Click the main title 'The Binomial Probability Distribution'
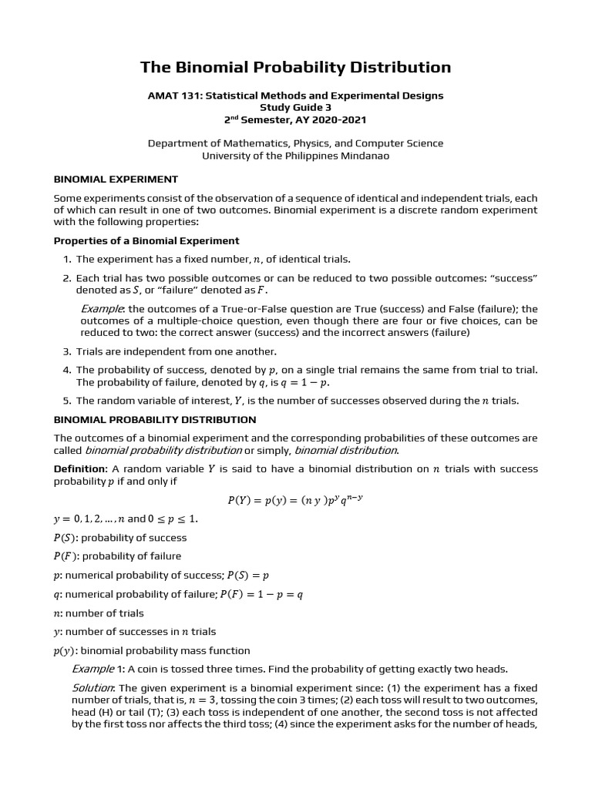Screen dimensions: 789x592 (295, 67)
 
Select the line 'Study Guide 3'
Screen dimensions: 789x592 (295, 108)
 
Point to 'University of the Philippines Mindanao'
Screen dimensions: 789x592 (295, 156)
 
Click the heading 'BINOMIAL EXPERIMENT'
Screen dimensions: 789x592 (116, 179)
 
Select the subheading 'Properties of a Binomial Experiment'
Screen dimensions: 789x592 (146, 240)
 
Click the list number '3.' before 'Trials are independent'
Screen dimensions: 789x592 (67, 351)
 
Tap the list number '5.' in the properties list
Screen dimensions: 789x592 (67, 400)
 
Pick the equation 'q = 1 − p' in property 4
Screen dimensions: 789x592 (308, 382)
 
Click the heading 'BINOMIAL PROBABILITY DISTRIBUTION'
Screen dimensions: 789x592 (154, 420)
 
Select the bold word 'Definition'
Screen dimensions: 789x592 (79, 469)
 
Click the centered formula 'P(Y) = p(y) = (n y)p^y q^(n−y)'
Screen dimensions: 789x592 (295, 499)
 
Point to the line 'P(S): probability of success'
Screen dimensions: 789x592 (120, 538)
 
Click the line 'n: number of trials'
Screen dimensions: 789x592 (99, 613)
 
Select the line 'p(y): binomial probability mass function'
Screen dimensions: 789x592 (152, 651)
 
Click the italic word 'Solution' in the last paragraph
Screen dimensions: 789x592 (93, 687)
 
